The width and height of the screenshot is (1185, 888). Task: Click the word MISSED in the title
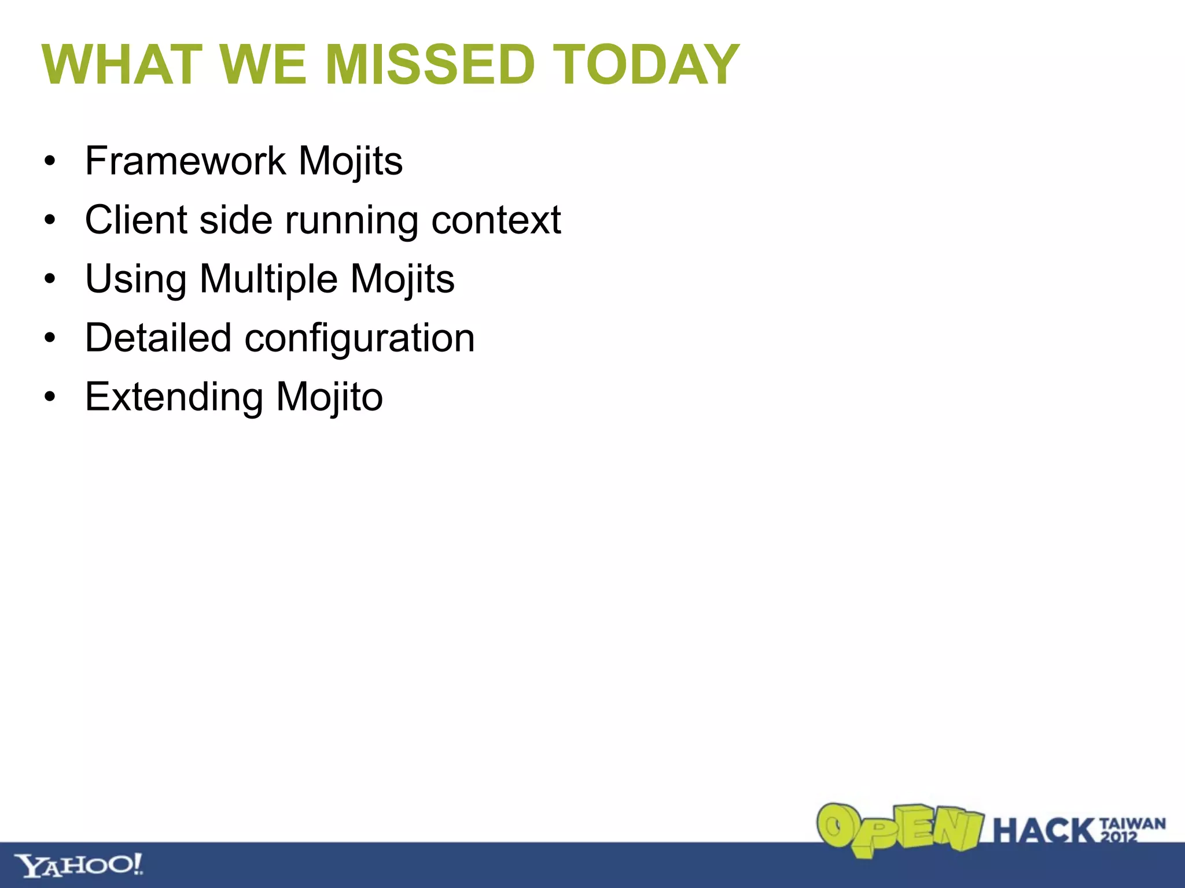[430, 65]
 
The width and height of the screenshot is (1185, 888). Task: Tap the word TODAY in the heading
[646, 65]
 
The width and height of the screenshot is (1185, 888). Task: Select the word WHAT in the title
[122, 65]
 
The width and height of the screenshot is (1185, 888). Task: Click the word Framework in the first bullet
[185, 161]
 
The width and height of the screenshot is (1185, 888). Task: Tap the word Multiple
[268, 280]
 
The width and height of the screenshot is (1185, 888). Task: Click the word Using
[135, 280]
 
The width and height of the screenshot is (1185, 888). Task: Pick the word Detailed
[158, 338]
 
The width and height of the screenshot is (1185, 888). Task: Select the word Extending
[174, 398]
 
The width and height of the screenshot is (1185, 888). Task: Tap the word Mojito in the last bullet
[329, 398]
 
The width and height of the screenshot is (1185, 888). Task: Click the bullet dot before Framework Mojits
[50, 161]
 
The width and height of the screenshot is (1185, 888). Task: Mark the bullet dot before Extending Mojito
[50, 398]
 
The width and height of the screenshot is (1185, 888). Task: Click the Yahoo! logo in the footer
[79, 865]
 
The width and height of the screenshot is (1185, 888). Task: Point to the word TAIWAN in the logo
[1132, 823]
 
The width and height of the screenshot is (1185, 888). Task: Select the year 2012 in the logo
[1118, 837]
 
